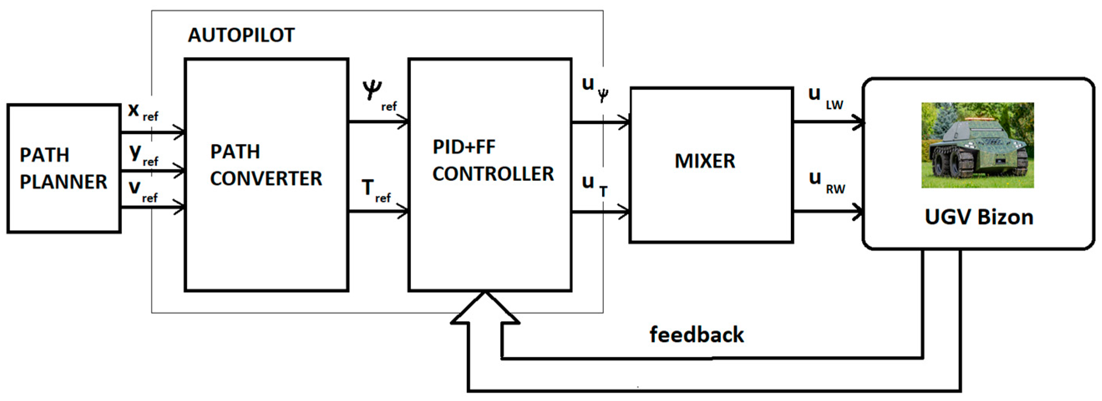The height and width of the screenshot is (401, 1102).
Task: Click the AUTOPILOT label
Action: point(241,35)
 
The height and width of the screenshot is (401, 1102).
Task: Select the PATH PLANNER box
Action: point(63,168)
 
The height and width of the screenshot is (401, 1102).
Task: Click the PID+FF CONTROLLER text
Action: point(493,161)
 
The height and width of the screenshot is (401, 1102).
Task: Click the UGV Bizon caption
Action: point(979,217)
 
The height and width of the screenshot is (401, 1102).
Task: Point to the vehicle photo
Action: point(978,145)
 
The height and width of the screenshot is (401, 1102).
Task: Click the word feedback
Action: point(696,334)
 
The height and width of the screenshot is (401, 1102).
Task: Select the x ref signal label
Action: point(143,112)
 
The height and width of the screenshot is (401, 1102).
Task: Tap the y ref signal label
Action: point(144,155)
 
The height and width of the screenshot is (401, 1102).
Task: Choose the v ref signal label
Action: point(143,190)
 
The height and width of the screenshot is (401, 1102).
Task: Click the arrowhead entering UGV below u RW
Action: point(857,212)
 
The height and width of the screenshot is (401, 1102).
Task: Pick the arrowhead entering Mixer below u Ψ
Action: point(624,123)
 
